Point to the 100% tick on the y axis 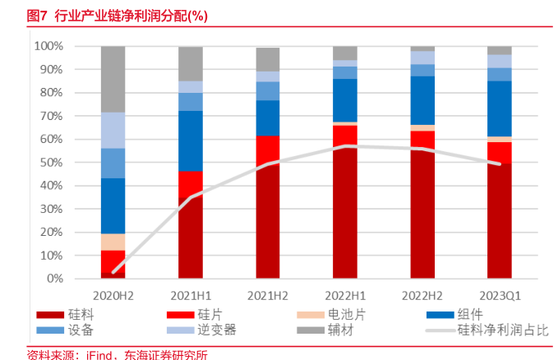48,46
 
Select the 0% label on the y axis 54,279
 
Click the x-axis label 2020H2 113,293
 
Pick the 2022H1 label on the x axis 345,293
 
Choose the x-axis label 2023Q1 499,293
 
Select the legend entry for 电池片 343,315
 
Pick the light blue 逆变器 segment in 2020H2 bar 113,130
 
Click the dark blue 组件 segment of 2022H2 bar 422,100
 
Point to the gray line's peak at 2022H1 345,146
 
